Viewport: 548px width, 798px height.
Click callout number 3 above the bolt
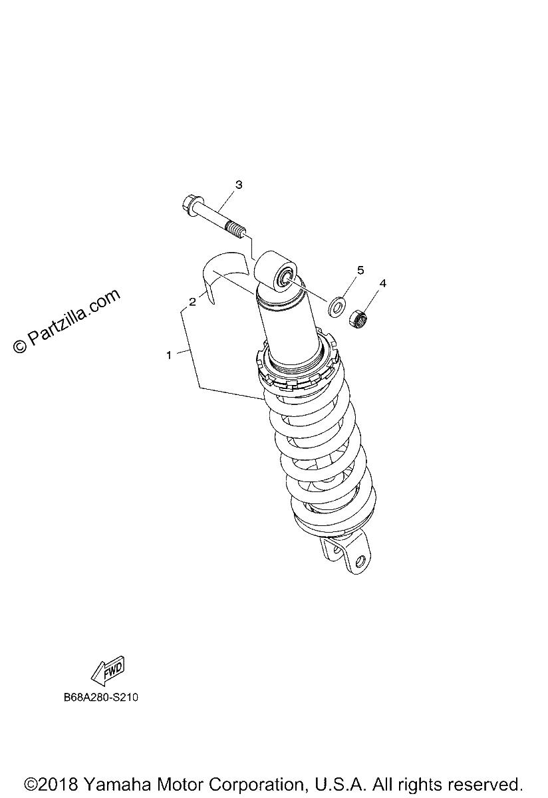239,185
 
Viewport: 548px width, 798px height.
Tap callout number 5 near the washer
360,271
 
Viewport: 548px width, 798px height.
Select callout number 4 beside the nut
382,283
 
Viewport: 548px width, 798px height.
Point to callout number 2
192,302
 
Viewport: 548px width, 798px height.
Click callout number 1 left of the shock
169,355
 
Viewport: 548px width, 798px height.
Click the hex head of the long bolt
188,203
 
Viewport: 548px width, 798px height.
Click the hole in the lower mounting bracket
360,561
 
